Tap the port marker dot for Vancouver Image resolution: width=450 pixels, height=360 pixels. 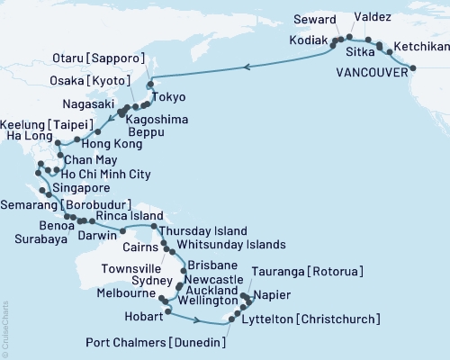point(413,67)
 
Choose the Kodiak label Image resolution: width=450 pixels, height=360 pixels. point(310,40)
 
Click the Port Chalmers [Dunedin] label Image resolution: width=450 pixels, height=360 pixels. point(156,342)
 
